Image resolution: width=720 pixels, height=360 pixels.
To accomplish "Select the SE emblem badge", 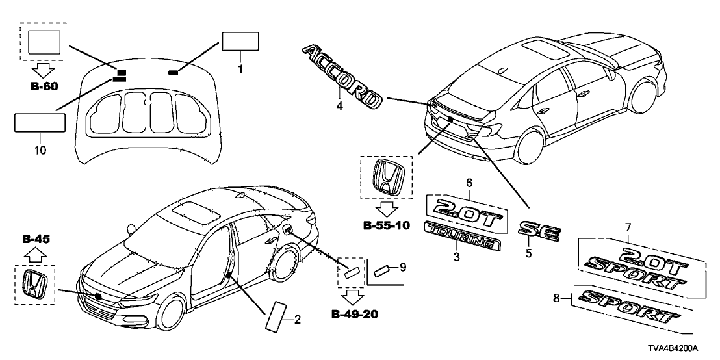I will click(538, 231).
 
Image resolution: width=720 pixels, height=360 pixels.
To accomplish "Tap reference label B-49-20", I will click(355, 316).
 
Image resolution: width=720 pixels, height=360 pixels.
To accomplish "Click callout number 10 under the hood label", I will click(40, 138).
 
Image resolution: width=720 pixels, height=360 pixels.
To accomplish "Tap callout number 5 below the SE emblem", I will click(528, 253).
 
